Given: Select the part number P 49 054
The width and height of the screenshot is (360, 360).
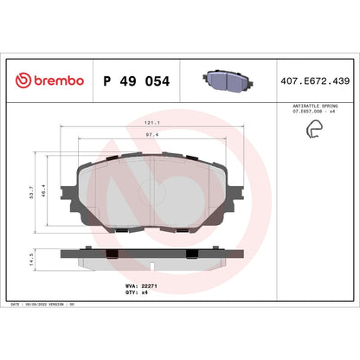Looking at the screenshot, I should pyautogui.click(x=136, y=80).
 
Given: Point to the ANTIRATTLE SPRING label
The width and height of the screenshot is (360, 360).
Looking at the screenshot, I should pyautogui.click(x=311, y=103).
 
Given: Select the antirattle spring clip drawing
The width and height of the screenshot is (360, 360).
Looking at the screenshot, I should pyautogui.click(x=311, y=131).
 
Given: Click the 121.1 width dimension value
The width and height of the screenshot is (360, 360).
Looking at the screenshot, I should pyautogui.click(x=152, y=124).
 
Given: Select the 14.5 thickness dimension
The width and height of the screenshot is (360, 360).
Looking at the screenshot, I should pyautogui.click(x=32, y=258).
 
